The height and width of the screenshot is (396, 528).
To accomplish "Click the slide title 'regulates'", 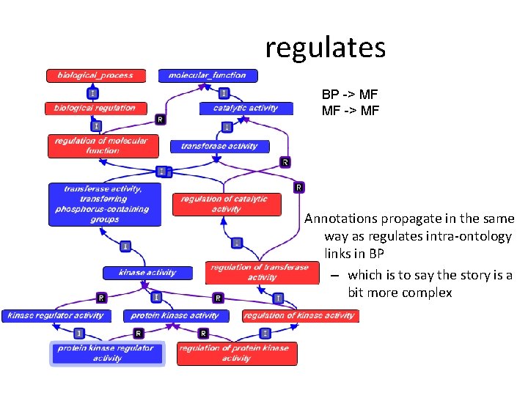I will click(325, 48).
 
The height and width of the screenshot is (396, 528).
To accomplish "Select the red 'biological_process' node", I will click(96, 76).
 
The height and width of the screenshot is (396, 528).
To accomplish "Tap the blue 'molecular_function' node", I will click(208, 76).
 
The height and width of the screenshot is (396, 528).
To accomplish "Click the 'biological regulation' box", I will click(95, 108).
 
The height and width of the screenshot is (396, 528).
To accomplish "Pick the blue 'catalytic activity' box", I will click(246, 108).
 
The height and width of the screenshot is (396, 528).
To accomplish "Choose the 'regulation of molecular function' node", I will click(103, 145).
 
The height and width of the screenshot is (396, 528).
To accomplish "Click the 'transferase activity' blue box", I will click(219, 146).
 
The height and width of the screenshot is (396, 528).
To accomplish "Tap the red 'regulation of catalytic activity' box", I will click(226, 204).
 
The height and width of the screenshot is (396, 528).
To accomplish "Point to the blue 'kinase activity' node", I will click(147, 273).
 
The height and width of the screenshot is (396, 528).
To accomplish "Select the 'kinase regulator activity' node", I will click(56, 316).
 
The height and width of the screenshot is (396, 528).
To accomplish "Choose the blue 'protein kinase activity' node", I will click(175, 316).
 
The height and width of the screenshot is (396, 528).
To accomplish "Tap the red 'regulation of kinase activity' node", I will click(299, 316).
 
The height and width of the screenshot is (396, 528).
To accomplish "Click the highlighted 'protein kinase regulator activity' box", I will click(107, 353).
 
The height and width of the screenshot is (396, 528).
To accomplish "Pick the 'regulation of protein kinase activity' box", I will click(236, 353).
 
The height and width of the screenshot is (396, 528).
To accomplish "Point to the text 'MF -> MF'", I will click(350, 111).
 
